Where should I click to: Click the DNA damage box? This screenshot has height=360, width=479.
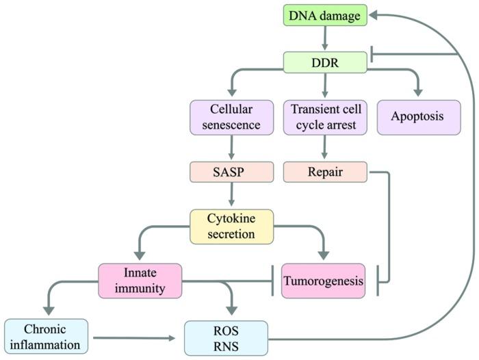[x=325, y=15]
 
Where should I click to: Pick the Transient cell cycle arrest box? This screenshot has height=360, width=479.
[x=325, y=116]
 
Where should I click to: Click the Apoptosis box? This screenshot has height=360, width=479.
[x=417, y=116]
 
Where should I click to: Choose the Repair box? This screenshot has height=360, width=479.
[x=325, y=172]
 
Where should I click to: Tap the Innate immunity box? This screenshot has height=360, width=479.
[x=140, y=281]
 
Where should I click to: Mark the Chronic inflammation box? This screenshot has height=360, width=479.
[x=46, y=336]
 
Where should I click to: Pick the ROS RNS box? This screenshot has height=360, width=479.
[x=232, y=336]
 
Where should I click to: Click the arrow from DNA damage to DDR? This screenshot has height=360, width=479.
[x=325, y=38]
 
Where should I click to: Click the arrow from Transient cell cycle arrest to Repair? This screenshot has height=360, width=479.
[x=325, y=147]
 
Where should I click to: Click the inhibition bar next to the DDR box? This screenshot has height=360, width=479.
[x=372, y=54]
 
